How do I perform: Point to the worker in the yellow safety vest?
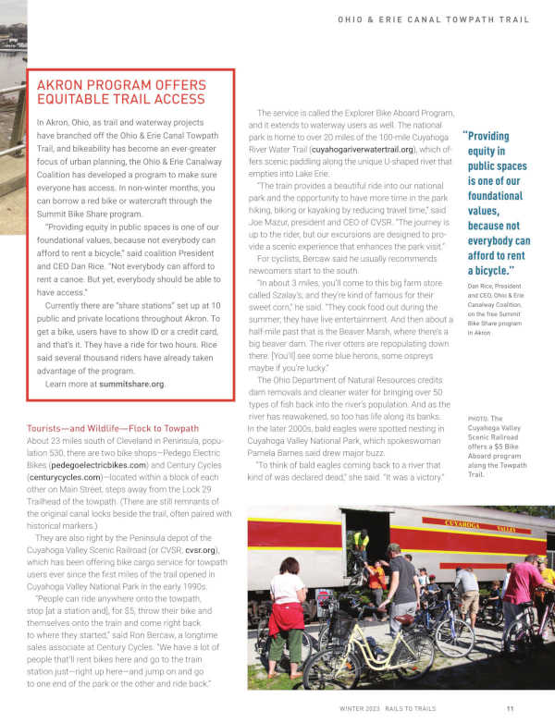tap(360, 545)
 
